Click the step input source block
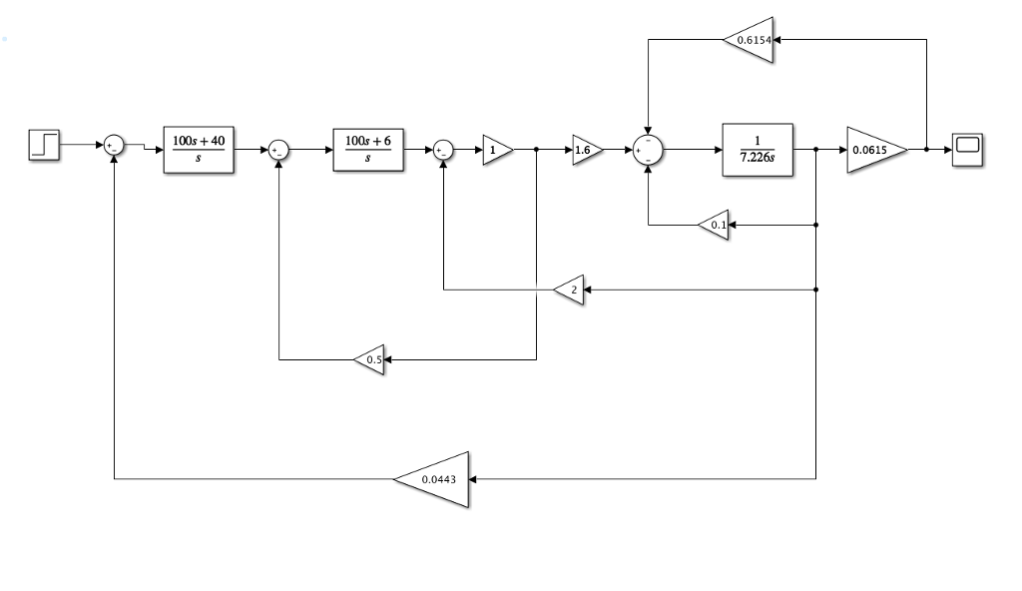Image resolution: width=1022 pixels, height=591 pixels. pos(44,146)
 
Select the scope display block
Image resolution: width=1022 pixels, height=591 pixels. pos(968,150)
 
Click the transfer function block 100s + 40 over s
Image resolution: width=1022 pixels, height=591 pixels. pos(199,150)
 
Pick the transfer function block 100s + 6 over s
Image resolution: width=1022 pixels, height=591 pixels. pos(368,150)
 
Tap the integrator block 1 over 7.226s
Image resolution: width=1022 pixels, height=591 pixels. pos(757,150)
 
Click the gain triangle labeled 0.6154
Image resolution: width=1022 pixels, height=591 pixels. pos(751,40)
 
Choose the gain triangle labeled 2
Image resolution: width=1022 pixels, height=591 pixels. pos(571,290)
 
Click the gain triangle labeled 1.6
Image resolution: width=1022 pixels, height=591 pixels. pos(584,150)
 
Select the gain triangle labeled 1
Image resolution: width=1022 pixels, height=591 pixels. pos(496,150)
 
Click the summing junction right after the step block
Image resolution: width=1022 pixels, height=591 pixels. pos(114,146)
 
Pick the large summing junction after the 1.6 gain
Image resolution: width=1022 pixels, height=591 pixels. pos(649,150)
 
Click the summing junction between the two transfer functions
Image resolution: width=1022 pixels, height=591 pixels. pos(279,150)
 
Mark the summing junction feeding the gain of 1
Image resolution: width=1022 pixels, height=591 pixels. pos(443,150)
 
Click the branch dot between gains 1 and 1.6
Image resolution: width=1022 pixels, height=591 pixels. pos(537,150)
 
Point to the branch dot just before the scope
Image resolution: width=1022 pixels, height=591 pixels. pos(926,150)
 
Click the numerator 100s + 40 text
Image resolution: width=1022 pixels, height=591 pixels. pos(199,141)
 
